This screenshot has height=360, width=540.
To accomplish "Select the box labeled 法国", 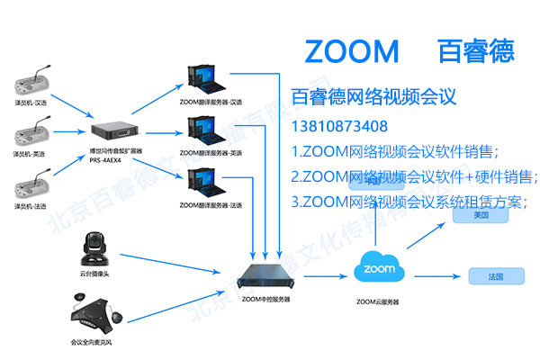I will click(485, 274).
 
